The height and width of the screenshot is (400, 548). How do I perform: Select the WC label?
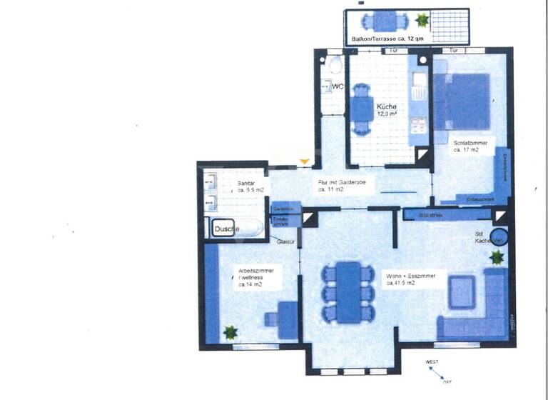338,86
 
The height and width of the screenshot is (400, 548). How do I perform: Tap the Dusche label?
227,229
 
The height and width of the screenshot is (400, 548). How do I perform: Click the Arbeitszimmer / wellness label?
256,277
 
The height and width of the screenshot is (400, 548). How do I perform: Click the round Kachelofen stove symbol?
498,237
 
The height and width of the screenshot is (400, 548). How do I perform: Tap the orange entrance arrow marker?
305,164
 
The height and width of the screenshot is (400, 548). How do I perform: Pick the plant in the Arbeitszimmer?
230,331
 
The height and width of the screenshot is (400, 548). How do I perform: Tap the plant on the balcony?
422,19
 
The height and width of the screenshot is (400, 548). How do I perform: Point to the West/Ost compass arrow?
437,373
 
